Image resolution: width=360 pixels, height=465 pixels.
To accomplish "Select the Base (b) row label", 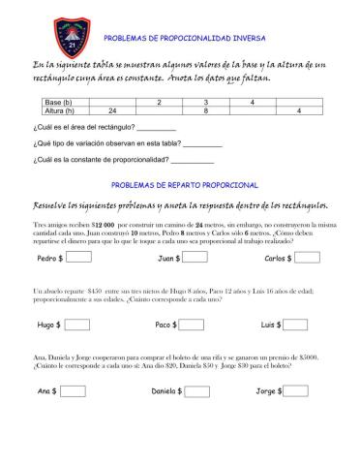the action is [61, 102].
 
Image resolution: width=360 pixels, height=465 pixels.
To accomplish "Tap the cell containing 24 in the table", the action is [113, 110].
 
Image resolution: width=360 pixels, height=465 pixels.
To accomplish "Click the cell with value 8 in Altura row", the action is [205, 110].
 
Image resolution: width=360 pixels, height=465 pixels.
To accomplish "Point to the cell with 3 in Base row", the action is [205, 102].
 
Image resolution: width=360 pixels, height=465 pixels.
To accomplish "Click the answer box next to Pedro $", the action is [78, 259].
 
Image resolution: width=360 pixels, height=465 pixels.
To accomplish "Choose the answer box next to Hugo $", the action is [75, 325].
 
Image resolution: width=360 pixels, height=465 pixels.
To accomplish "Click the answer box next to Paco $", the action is [194, 325].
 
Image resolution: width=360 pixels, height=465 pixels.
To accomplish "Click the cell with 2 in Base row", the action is [159, 102].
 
